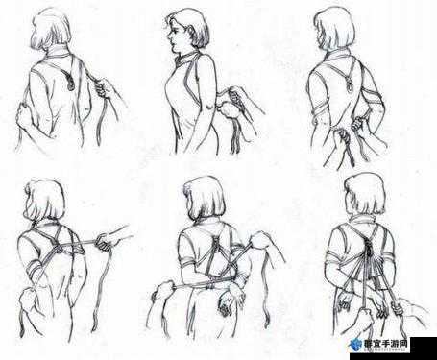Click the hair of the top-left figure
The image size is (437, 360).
coord(51,30)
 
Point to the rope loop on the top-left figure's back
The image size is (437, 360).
coord(69,83)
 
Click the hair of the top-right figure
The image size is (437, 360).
coord(335,29)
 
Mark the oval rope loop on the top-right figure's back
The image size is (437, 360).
coord(350,85)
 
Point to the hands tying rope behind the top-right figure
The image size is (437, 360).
coord(352,128)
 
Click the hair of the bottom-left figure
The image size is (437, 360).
coord(45,199)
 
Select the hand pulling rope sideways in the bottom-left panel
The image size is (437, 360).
coord(105,242)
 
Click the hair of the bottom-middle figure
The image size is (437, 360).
coord(205,198)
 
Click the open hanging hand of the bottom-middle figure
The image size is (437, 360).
coord(230,300)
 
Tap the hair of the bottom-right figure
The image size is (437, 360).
coord(365,194)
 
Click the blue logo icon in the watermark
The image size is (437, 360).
coord(356,345)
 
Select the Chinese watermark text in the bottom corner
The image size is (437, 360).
coord(387,344)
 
